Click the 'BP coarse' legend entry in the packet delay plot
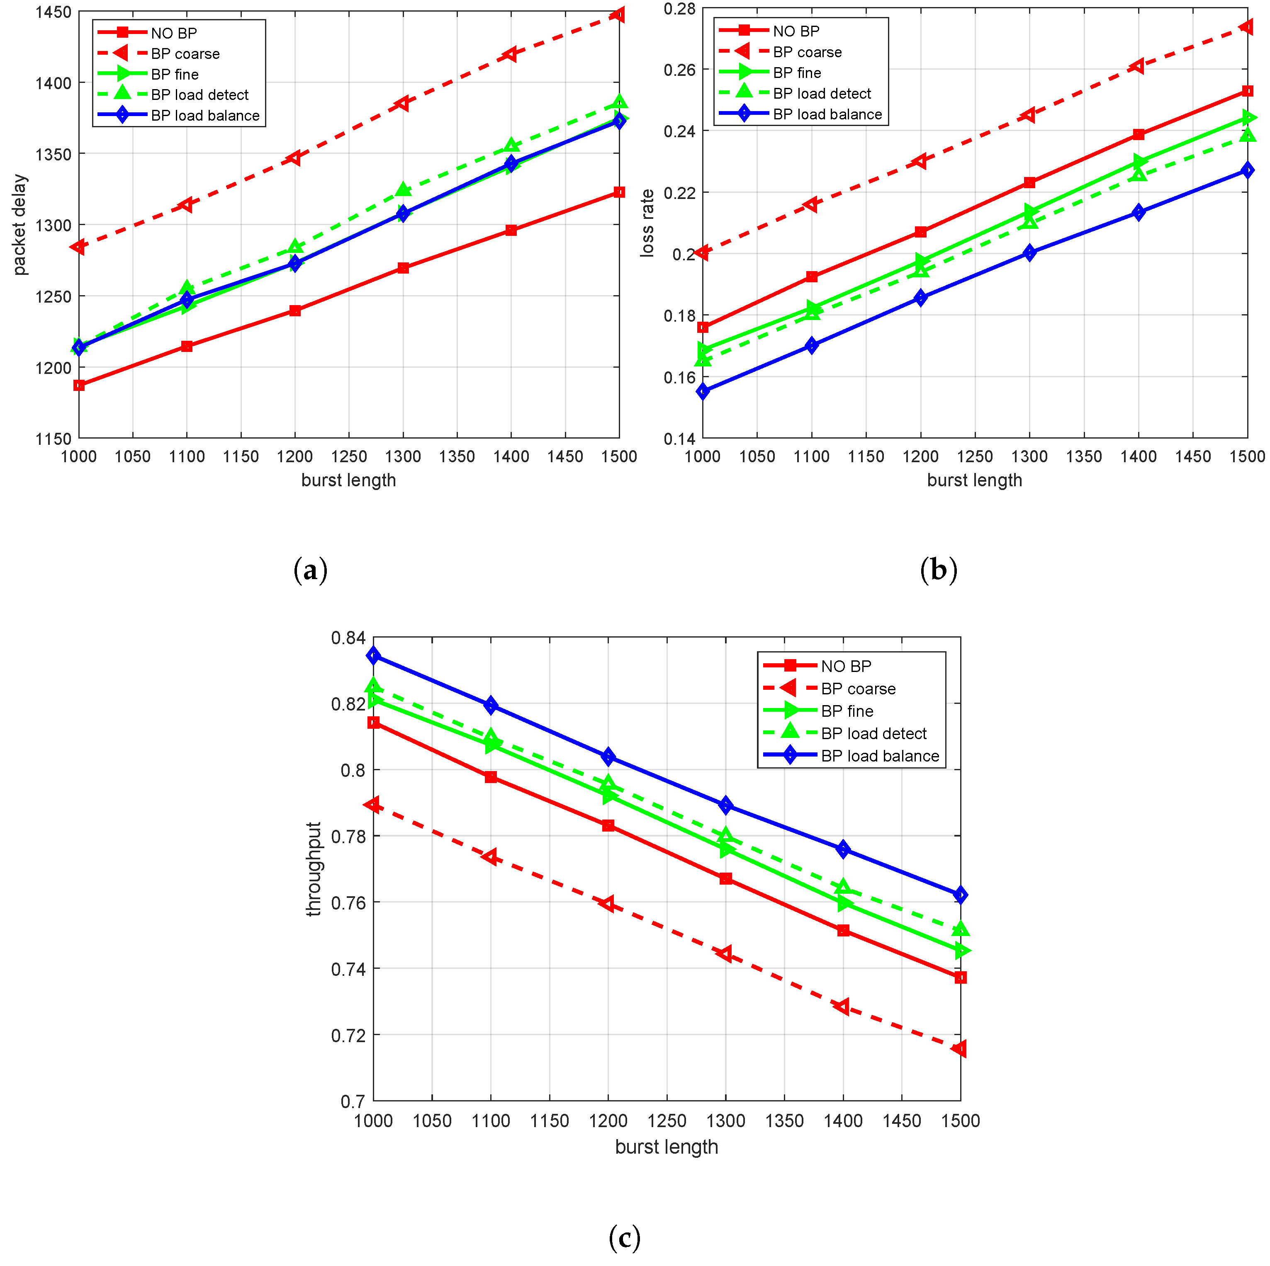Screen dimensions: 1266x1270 pos(185,54)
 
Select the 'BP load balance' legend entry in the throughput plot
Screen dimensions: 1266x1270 pos(880,756)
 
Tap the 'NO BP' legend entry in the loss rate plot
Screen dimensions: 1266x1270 pos(796,31)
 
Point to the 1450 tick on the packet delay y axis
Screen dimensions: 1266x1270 pos(53,12)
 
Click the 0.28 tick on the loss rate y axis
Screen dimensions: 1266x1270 pos(679,9)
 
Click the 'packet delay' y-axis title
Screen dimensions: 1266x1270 pos(20,225)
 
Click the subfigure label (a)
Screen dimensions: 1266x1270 pos(310,570)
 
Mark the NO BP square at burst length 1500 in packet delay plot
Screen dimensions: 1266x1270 pos(618,192)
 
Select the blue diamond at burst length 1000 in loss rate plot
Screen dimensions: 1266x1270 pos(703,391)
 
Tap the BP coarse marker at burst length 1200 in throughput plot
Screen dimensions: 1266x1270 pos(608,904)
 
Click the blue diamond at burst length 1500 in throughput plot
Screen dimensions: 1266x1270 pos(961,895)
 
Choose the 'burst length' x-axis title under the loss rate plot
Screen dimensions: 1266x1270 pos(974,480)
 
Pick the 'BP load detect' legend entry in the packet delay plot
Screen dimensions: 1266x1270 pos(199,95)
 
